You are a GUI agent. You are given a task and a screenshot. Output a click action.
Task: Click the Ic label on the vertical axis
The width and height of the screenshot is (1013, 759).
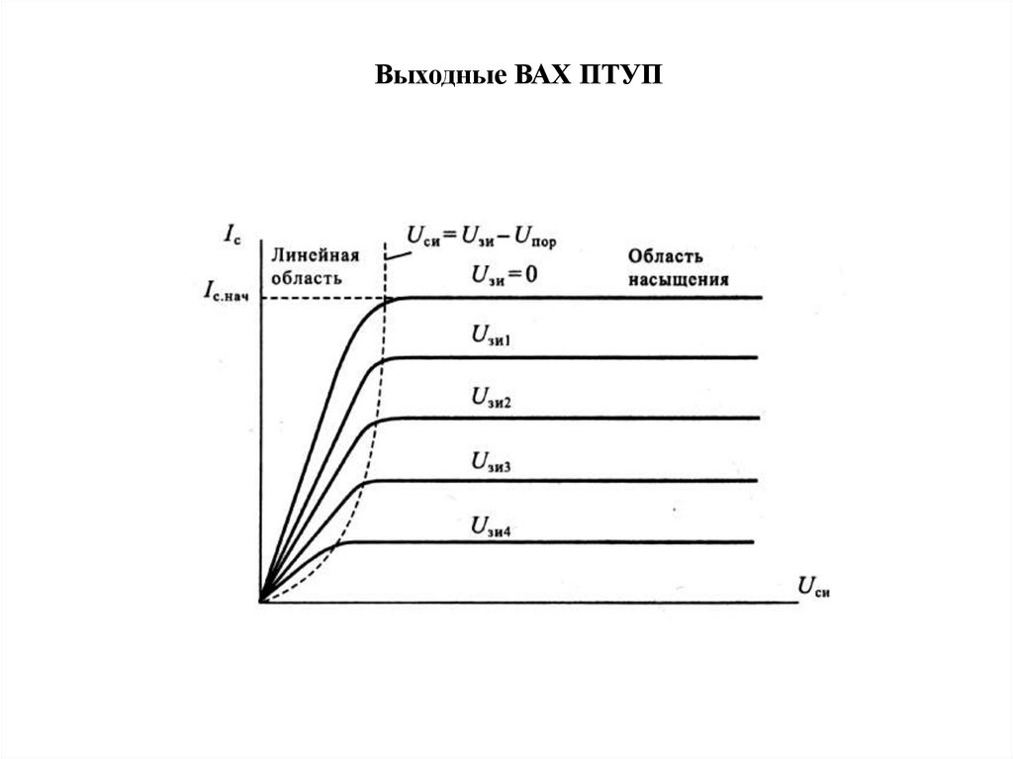(x=230, y=236)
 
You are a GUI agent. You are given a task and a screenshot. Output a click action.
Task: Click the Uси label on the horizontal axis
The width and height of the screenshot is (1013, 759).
(x=812, y=586)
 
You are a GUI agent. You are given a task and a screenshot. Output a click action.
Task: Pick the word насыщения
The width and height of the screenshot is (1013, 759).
(x=679, y=279)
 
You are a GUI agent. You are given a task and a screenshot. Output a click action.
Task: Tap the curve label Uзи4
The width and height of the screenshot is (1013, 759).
(x=491, y=525)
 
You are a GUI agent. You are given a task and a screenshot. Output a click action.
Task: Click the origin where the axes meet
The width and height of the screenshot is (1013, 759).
(x=260, y=601)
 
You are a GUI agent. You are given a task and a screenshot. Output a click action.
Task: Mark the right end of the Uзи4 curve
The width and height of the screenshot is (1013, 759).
(x=752, y=542)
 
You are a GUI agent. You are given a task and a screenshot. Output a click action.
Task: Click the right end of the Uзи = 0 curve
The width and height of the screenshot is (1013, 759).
(x=761, y=297)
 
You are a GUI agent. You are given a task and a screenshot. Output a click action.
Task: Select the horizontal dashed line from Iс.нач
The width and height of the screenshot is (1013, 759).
(x=322, y=298)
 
